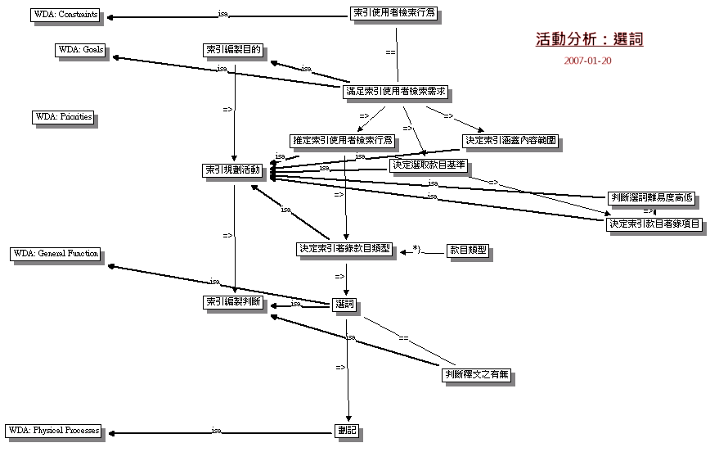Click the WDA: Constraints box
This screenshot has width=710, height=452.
click(x=66, y=15)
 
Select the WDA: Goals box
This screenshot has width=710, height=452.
click(x=80, y=49)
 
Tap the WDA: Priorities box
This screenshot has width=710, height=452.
click(x=63, y=117)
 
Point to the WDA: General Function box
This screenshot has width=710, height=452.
click(x=56, y=254)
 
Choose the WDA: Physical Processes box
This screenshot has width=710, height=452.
click(x=55, y=430)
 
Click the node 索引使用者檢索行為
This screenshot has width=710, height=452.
click(x=393, y=14)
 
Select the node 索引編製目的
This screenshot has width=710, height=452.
click(x=233, y=50)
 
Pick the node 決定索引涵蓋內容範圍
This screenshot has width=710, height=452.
click(x=510, y=140)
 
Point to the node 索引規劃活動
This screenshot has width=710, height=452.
click(x=233, y=170)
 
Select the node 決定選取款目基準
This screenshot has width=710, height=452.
click(x=428, y=165)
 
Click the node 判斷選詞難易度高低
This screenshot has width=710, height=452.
click(x=652, y=197)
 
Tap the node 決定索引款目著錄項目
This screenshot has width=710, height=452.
click(x=654, y=224)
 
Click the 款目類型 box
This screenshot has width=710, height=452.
click(x=468, y=250)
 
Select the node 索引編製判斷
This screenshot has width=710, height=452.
click(x=233, y=303)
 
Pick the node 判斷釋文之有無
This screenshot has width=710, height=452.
click(x=477, y=375)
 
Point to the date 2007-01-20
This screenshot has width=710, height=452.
click(x=587, y=61)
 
